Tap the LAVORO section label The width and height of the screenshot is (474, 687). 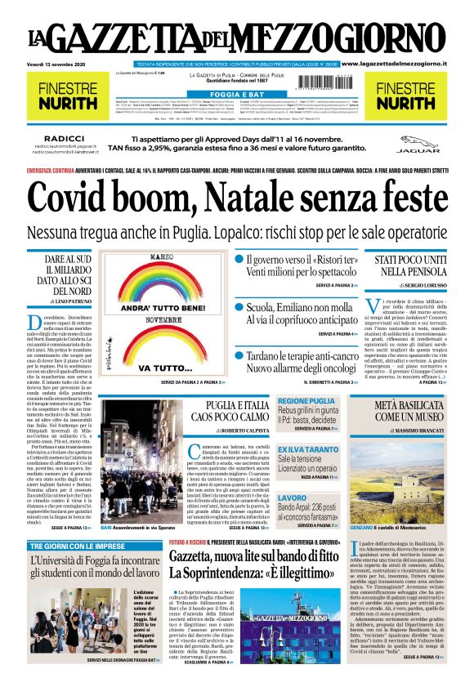point(293,497)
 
